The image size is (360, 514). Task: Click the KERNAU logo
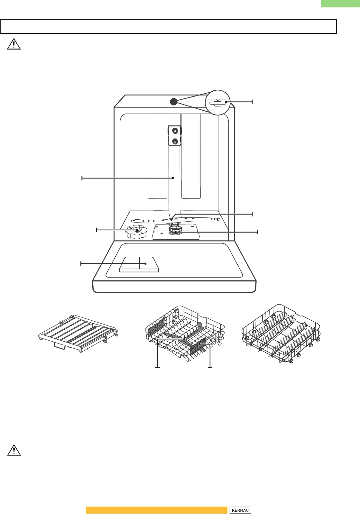pos(240,510)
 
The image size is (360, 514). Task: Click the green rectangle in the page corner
pos(340,4)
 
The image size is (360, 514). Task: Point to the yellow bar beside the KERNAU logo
pos(156,510)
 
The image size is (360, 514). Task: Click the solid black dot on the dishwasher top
pos(174,102)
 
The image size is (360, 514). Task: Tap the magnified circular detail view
pos(217,102)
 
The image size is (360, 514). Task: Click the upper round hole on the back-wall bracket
pos(175,131)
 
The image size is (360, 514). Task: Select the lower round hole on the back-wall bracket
pos(175,141)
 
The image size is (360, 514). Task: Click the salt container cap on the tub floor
pos(136,232)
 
